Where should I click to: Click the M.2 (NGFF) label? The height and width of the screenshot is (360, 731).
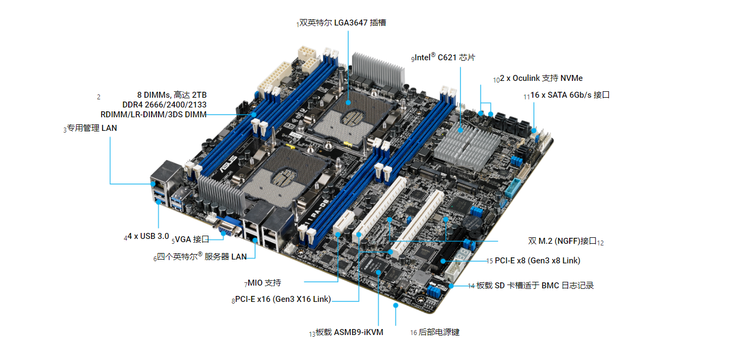pos(562,241)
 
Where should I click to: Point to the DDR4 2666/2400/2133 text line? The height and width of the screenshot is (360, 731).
pos(165,105)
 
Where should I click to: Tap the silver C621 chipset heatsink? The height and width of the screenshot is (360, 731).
pos(467,146)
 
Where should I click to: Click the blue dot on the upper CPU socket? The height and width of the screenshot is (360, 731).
pos(348,103)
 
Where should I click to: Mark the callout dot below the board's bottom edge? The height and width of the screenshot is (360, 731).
pos(395,306)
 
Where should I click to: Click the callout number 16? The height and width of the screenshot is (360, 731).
pos(413,333)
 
